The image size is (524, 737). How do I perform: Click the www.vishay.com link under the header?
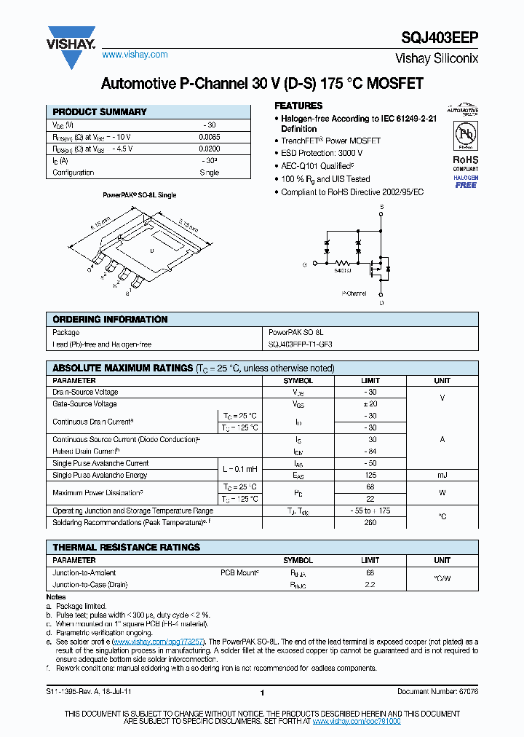click(135, 55)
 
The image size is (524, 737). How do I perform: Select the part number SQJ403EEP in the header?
click(440, 39)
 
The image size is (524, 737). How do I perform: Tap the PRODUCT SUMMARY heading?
click(100, 112)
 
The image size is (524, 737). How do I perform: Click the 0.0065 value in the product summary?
click(209, 137)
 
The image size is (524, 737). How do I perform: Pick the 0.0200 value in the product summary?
click(209, 149)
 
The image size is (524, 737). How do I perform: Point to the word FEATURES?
click(298, 106)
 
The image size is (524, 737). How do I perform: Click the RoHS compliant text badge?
click(466, 162)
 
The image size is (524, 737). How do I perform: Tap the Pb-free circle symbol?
click(466, 135)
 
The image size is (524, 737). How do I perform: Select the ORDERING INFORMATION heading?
click(110, 320)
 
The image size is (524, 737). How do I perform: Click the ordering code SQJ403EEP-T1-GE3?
click(301, 344)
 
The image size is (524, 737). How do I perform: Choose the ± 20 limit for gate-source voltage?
click(370, 403)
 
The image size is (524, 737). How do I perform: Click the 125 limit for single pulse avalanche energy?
click(370, 475)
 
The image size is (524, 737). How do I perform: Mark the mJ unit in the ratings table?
click(442, 475)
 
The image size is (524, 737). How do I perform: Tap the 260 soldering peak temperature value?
click(370, 523)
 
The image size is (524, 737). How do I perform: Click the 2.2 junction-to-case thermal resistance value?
click(370, 585)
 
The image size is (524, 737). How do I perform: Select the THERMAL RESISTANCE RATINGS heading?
click(126, 548)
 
